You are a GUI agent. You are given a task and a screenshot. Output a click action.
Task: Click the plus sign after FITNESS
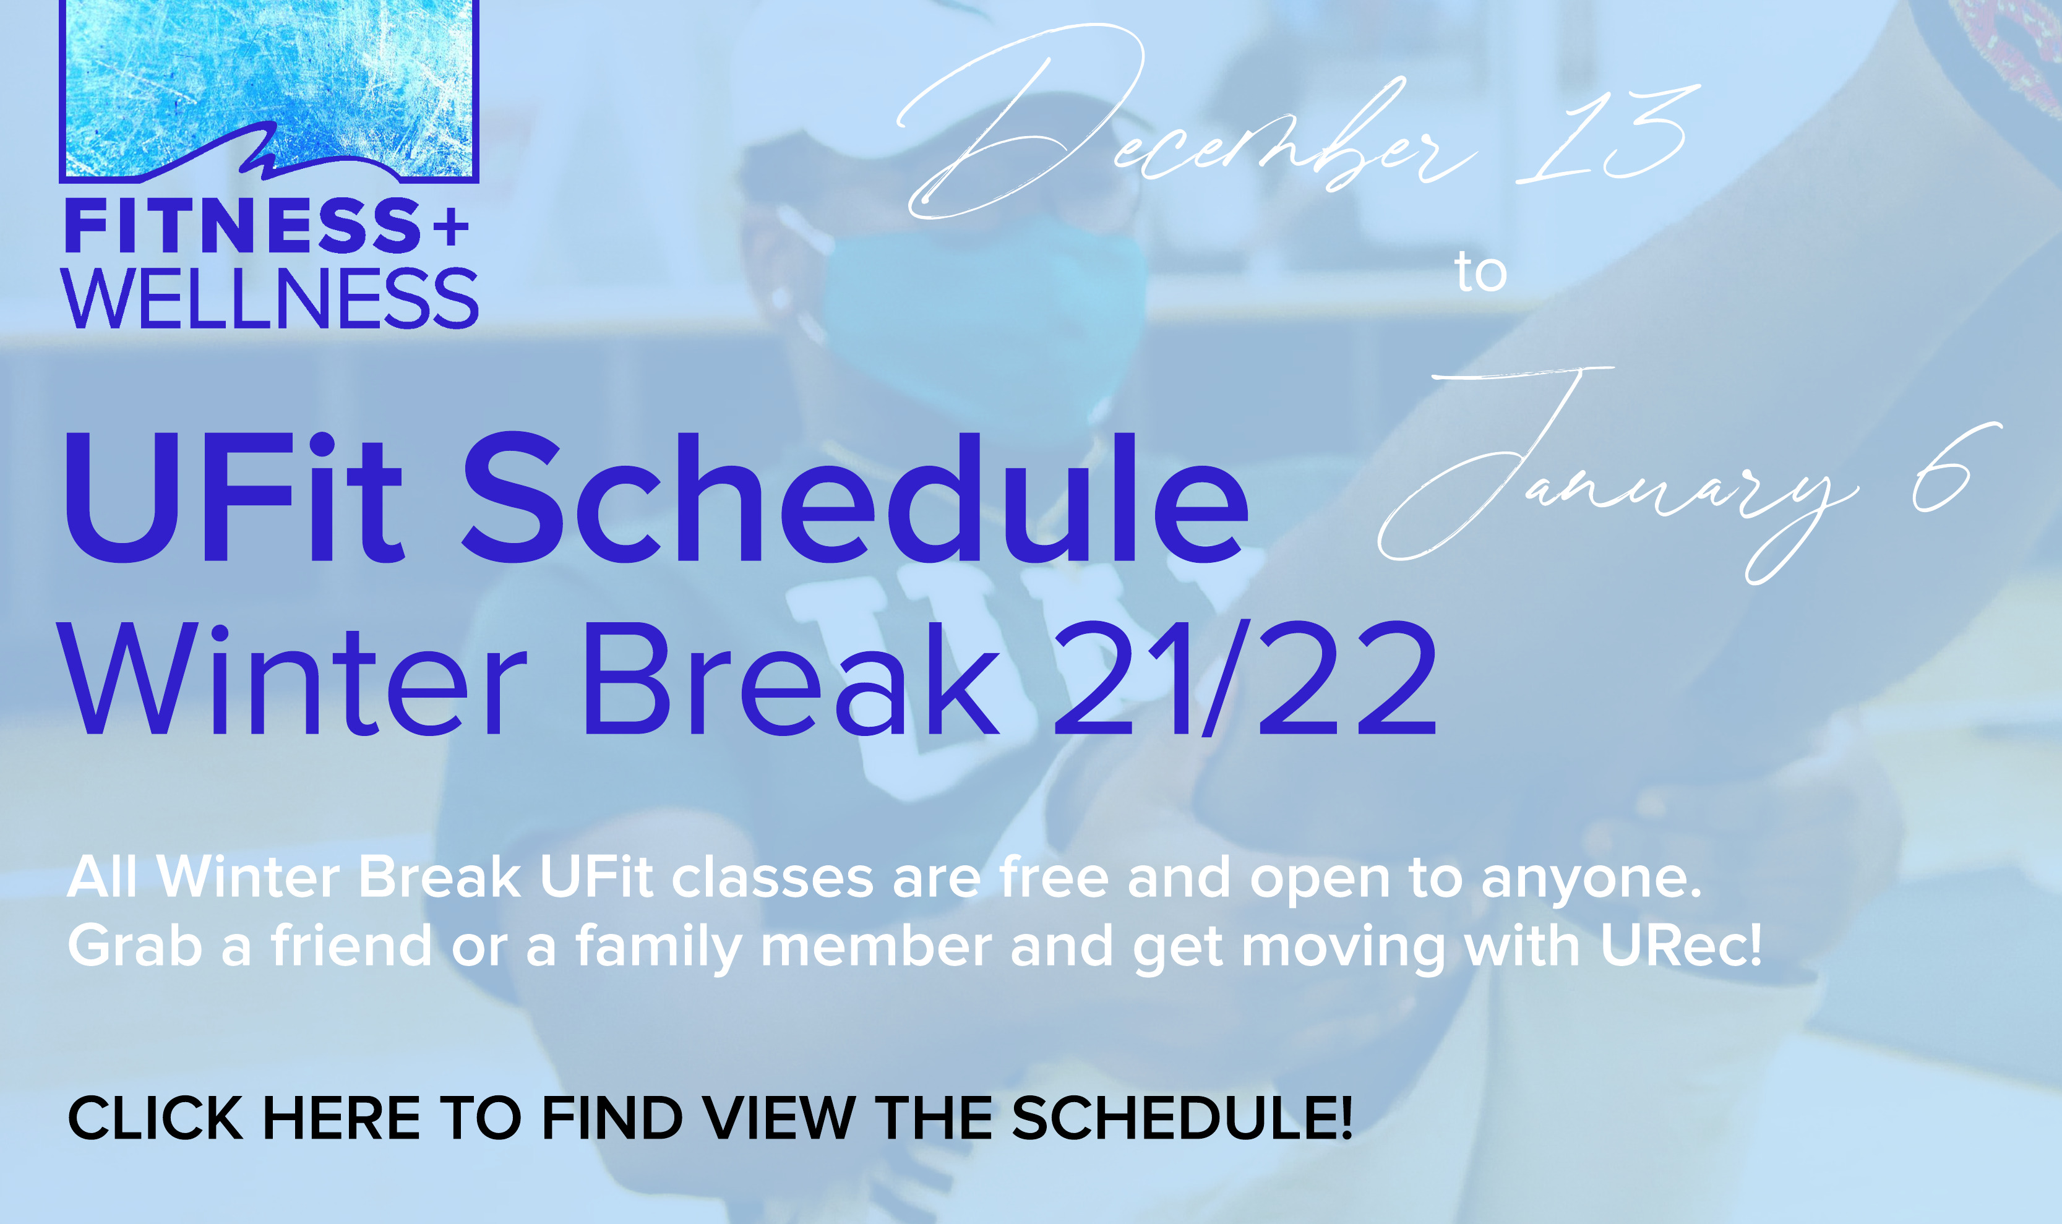click(x=450, y=225)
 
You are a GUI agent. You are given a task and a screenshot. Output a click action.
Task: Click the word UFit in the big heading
click(x=233, y=498)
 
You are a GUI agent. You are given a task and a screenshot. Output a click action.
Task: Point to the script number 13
click(x=1604, y=136)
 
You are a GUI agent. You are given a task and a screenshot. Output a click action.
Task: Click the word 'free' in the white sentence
click(x=1053, y=877)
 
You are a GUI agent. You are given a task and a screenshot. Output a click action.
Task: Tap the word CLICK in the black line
click(x=155, y=1119)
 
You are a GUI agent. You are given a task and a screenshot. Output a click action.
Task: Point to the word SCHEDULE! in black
click(x=1181, y=1119)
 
